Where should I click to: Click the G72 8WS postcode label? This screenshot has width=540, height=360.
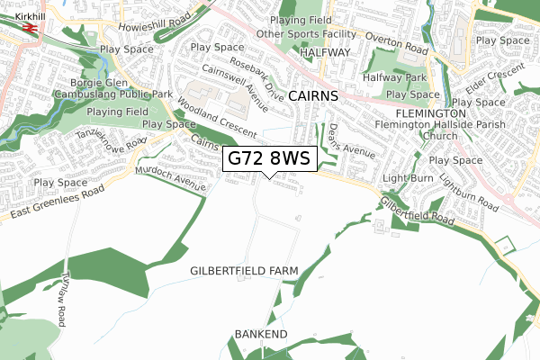click(x=269, y=158)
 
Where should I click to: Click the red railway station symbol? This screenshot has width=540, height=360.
click(x=31, y=28)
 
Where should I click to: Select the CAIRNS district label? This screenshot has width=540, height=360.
click(x=314, y=95)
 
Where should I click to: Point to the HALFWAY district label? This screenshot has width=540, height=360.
click(x=325, y=53)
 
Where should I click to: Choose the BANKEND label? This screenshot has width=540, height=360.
click(x=260, y=335)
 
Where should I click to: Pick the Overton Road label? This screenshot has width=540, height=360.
click(x=396, y=42)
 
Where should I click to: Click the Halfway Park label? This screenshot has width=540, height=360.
click(x=393, y=78)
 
